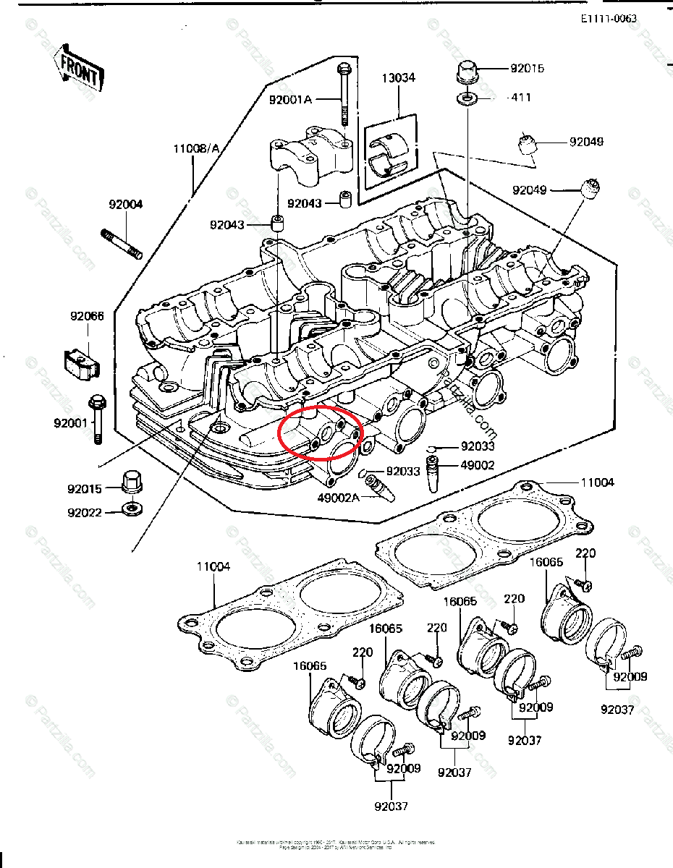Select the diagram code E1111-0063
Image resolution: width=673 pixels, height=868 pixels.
click(609, 18)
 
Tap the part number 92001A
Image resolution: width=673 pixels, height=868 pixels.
click(290, 99)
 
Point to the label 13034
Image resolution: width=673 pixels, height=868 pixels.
click(399, 77)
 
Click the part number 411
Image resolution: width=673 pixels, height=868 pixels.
click(520, 98)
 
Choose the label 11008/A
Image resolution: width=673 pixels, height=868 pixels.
click(195, 149)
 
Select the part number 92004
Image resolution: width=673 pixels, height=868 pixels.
click(126, 205)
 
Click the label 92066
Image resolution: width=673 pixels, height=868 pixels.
click(87, 316)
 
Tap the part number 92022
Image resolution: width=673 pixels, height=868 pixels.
click(85, 513)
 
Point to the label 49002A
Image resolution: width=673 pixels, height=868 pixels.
click(338, 498)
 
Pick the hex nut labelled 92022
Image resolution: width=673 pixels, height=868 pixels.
click(131, 509)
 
